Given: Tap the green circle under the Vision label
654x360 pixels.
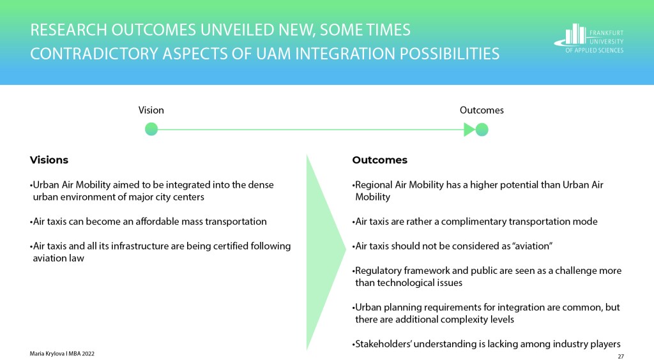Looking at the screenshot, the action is click(151, 129).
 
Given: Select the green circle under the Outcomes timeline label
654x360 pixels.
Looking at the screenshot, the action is click(482, 130).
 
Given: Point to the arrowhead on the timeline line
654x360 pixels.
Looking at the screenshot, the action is click(469, 130).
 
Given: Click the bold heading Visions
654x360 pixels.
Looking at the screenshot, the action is click(49, 160).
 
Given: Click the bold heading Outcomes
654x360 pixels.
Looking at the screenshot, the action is click(379, 160).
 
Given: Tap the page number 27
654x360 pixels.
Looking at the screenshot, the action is click(621, 356).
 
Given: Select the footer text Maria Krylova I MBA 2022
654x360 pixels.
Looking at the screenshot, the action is click(62, 354).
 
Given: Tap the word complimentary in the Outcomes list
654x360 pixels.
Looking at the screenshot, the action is click(471, 221).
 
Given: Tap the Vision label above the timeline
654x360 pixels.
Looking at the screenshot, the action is click(151, 110).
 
